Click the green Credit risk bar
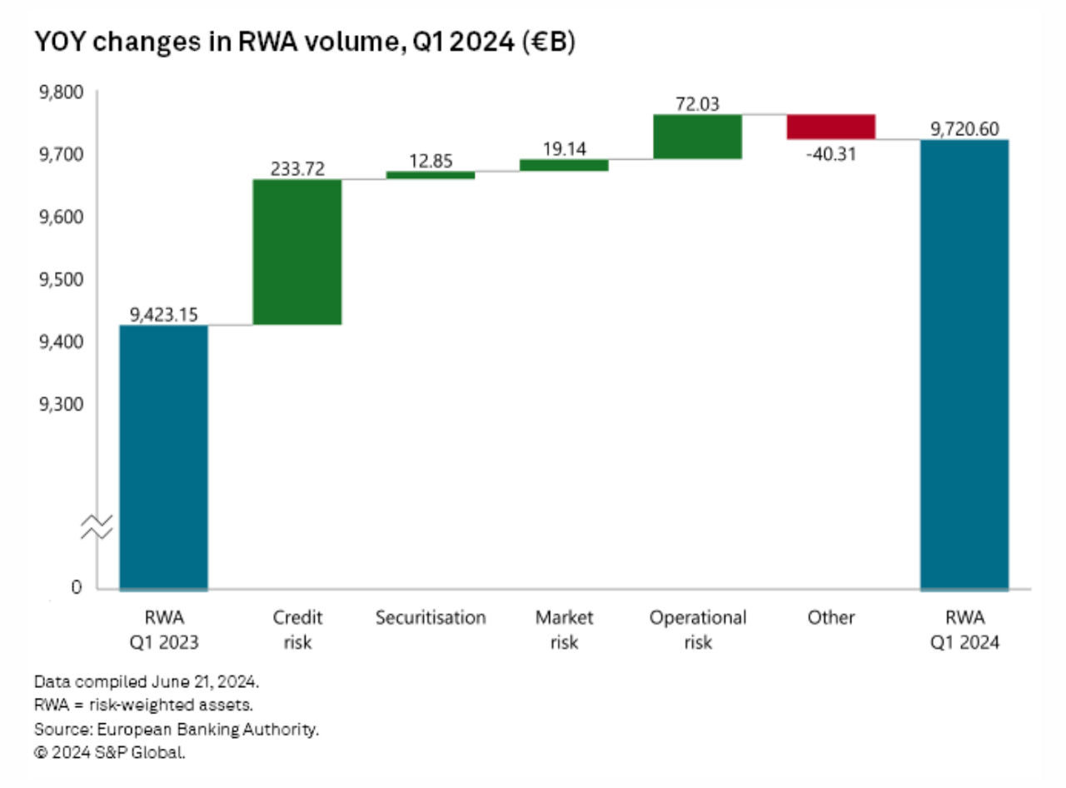297,252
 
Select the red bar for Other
830,127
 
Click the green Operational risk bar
697,137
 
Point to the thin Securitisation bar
431,175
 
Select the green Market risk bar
564,165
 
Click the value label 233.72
297,168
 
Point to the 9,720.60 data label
964,128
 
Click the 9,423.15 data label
163,314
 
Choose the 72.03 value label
697,104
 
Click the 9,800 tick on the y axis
60,92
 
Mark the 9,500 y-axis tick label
60,279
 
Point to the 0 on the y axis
77,588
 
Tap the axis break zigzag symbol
97,526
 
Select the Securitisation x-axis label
430,618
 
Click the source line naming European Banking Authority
177,729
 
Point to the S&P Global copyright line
109,752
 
